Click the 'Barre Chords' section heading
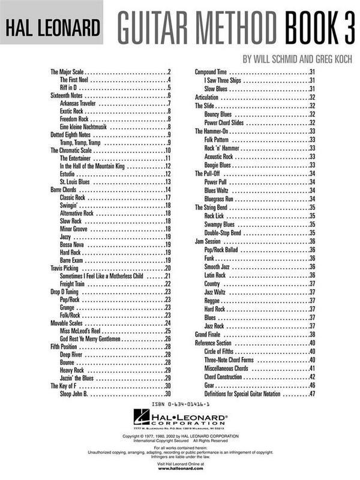click(x=65, y=190)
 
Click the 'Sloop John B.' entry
click(x=74, y=394)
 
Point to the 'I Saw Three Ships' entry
click(x=223, y=80)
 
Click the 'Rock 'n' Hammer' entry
click(x=222, y=148)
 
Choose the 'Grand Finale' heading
click(x=209, y=334)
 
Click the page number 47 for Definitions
click(x=312, y=394)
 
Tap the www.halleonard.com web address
click(x=180, y=470)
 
